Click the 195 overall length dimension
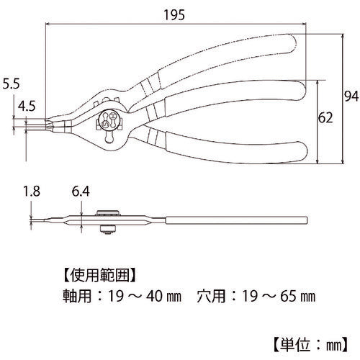click(x=174, y=15)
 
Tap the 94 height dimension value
click(x=351, y=96)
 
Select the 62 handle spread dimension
click(x=325, y=118)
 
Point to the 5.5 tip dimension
click(x=11, y=84)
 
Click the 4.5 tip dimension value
click(x=27, y=106)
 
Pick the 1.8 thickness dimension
click(x=32, y=192)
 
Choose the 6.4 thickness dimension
click(x=81, y=192)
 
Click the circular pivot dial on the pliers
click(x=109, y=120)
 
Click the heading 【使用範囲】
click(x=99, y=275)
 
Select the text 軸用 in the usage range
click(x=77, y=296)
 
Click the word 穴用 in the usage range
click(x=211, y=296)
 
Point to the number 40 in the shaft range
click(x=154, y=296)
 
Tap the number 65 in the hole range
click(x=288, y=296)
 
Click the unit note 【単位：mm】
click(x=310, y=345)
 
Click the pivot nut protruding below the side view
click(x=108, y=229)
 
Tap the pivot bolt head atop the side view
click(x=108, y=213)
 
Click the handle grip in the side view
click(x=236, y=220)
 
